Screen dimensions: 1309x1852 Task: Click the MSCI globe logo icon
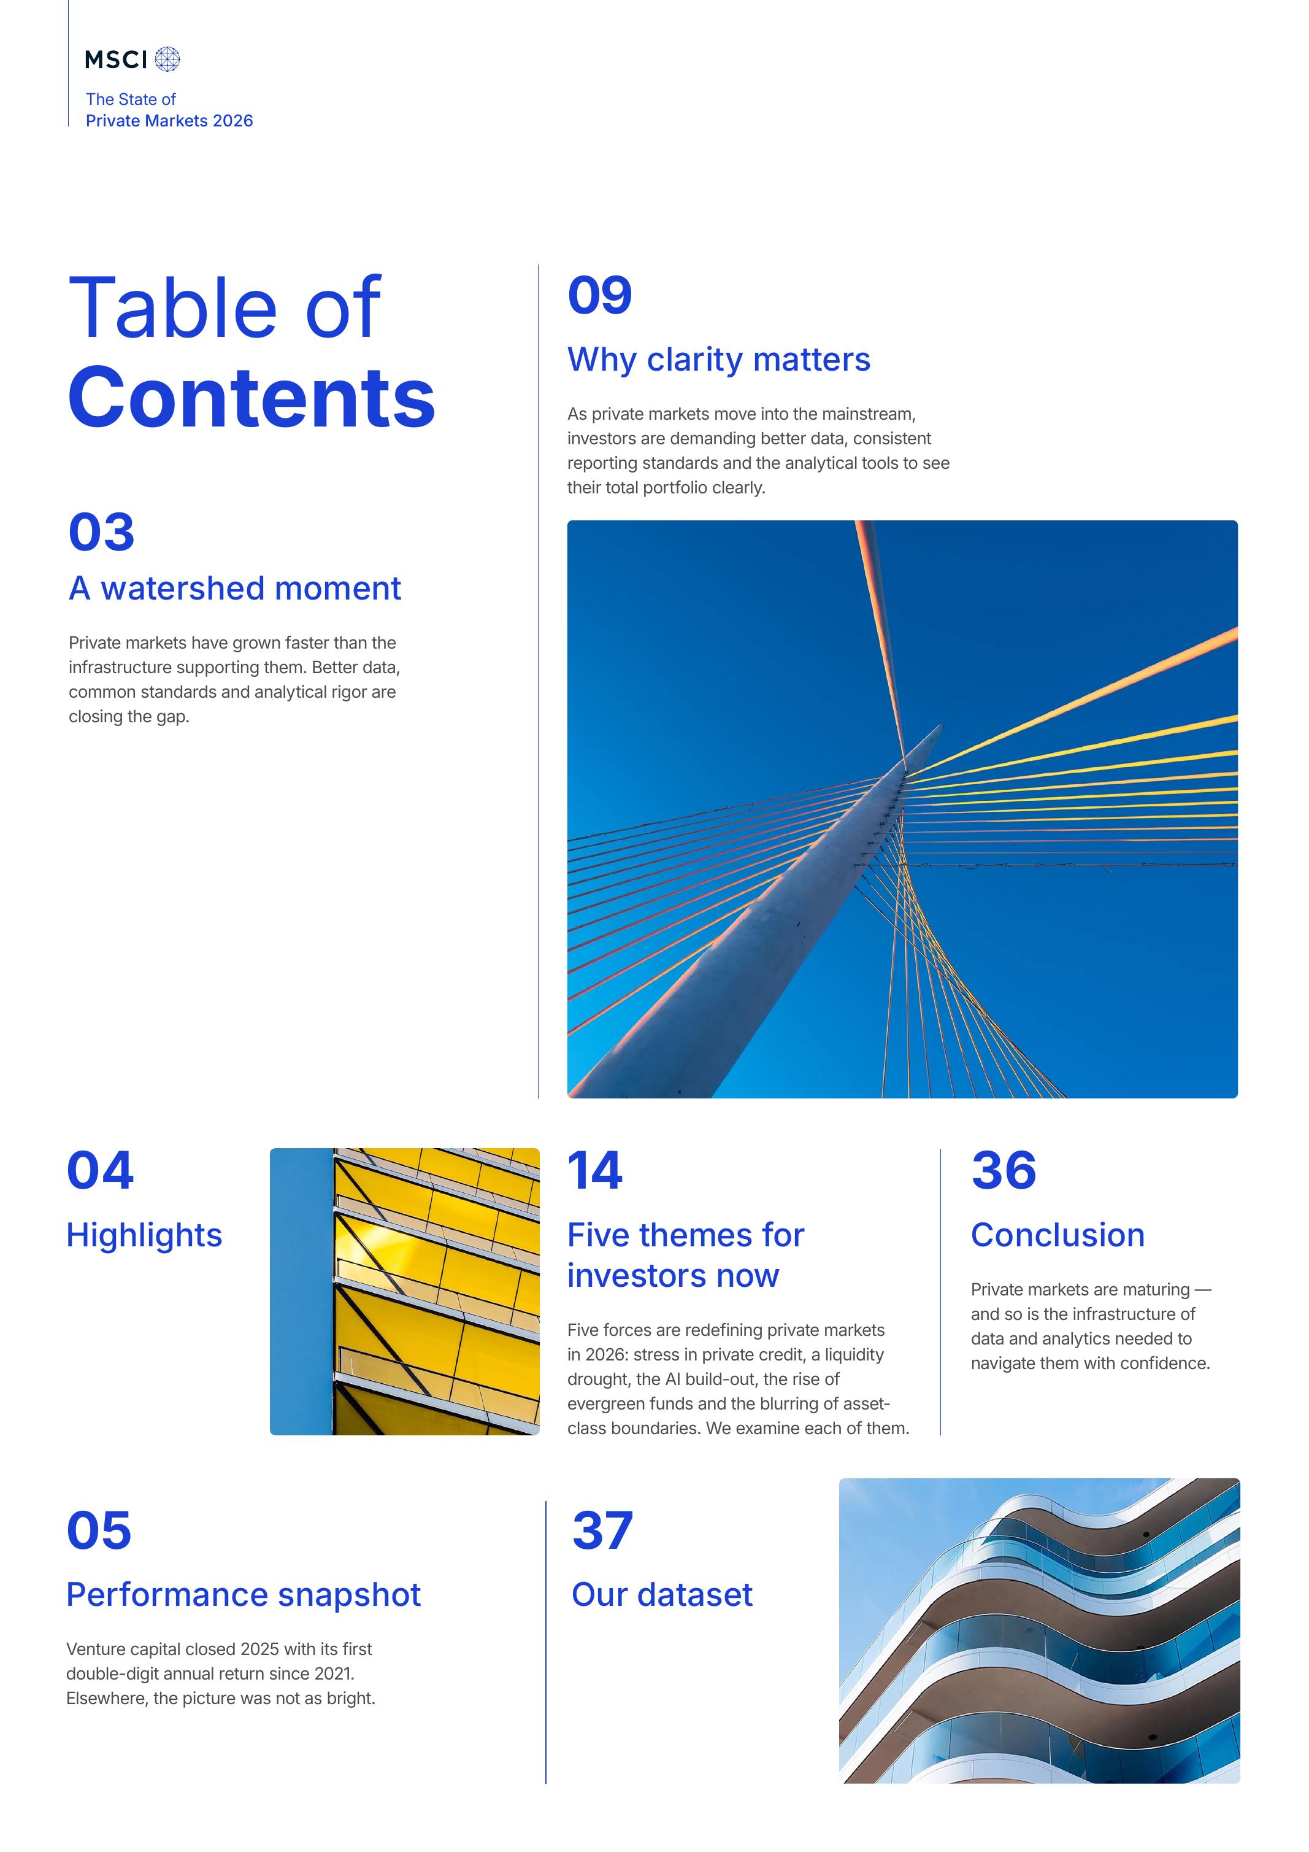tap(167, 59)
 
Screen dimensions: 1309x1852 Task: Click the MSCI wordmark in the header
tap(116, 60)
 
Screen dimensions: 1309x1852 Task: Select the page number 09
tap(599, 295)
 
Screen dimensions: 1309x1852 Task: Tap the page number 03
tap(102, 533)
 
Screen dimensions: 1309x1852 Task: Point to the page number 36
tap(1004, 1170)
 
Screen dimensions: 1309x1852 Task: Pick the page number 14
tap(594, 1170)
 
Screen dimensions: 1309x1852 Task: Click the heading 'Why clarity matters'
tap(719, 360)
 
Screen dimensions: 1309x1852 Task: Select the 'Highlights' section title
tap(144, 1236)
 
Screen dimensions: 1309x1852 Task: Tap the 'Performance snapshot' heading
tap(244, 1595)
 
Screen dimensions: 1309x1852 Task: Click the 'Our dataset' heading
tap(662, 1595)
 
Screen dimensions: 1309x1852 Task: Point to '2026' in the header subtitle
tap(233, 121)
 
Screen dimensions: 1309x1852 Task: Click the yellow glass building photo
tap(404, 1291)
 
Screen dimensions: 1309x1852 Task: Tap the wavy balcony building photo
tap(1039, 1631)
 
